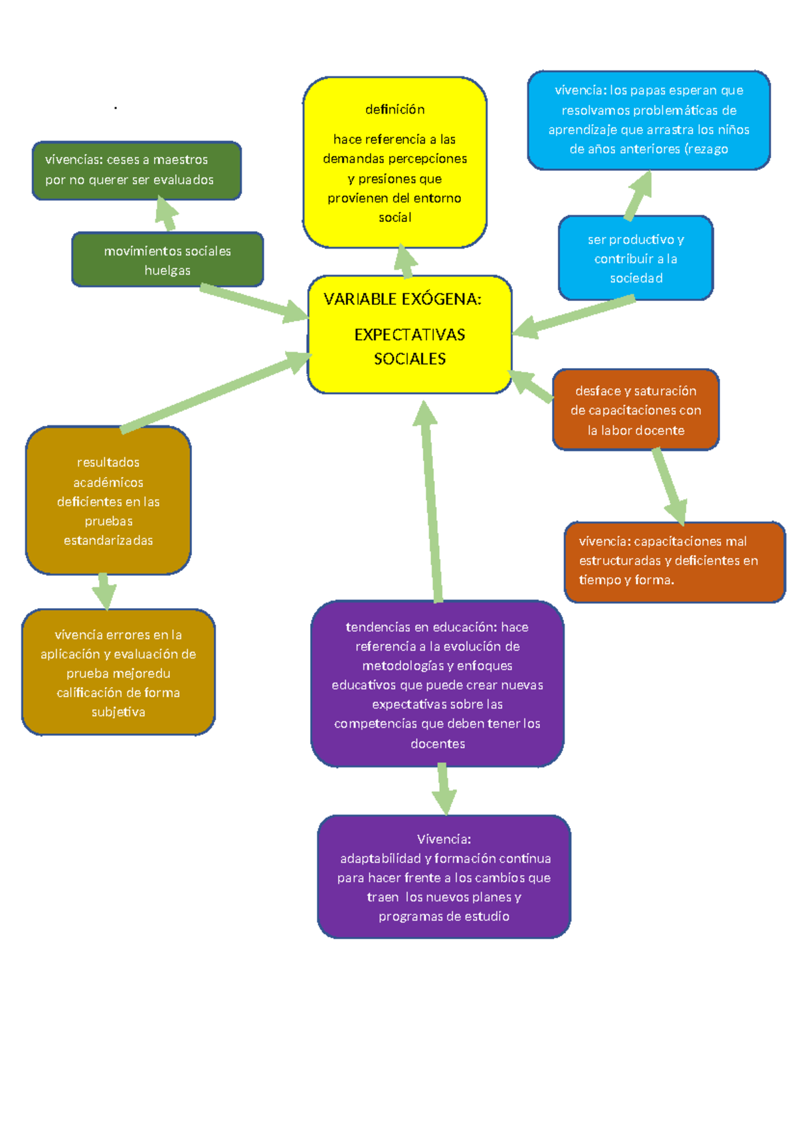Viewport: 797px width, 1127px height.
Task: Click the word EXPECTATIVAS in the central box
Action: coord(409,334)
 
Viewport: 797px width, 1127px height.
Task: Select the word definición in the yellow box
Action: coord(395,109)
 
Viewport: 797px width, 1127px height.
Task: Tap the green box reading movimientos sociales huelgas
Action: coord(167,260)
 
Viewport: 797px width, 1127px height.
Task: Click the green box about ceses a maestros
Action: coord(136,170)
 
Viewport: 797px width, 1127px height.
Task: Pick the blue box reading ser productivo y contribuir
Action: coord(636,258)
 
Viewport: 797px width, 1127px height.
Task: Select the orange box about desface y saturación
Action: coord(636,410)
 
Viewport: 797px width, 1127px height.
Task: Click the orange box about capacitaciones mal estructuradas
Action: coord(674,562)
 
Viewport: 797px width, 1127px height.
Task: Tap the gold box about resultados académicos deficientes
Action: coord(108,501)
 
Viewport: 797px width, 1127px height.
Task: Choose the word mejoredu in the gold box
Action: coord(141,673)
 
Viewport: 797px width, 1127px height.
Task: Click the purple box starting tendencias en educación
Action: coord(437,684)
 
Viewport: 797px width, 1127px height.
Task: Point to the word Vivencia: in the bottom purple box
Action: coord(444,839)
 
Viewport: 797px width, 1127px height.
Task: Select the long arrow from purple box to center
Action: coord(431,505)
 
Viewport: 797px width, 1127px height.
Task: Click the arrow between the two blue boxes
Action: coord(638,195)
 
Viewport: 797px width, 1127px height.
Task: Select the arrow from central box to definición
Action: coord(404,261)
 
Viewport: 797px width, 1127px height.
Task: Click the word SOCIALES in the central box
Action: coord(409,359)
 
